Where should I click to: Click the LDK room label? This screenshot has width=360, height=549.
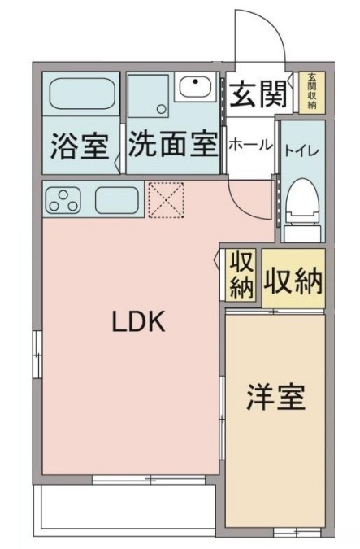tap(139, 323)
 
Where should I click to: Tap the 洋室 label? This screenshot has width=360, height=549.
tap(276, 398)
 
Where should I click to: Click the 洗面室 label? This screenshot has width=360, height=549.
tap(173, 146)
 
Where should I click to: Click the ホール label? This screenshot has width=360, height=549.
tap(250, 145)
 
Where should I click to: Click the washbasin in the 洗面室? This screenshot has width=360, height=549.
tap(195, 85)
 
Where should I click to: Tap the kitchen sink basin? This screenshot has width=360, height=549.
tap(119, 200)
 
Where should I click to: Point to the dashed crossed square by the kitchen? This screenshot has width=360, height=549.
tap(167, 199)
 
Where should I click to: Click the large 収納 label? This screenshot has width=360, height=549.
tap(293, 282)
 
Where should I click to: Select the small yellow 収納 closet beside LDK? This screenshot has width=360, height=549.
tap(241, 274)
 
